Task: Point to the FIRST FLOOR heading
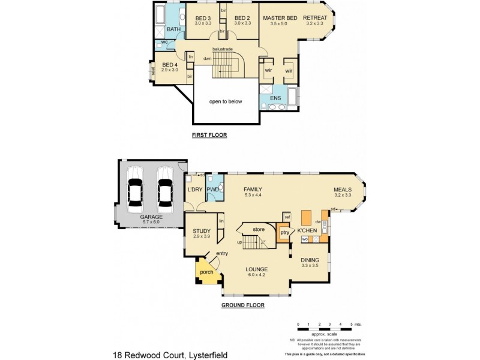coord(209,135)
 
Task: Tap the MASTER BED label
coord(280,19)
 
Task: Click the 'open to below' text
coord(226,101)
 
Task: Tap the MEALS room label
coord(343,190)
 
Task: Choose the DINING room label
coord(311,259)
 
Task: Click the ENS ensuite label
coord(275,97)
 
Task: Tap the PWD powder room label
coord(213,190)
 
